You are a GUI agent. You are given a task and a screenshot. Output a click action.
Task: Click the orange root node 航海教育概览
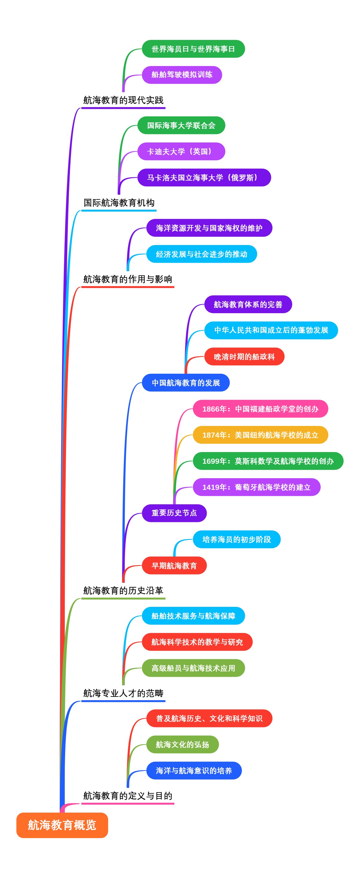point(62,825)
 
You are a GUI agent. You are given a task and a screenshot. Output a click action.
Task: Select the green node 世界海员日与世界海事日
point(193,49)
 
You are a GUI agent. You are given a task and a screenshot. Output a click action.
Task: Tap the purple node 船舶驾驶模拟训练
point(182,75)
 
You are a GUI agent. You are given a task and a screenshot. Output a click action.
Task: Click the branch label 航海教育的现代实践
point(123,100)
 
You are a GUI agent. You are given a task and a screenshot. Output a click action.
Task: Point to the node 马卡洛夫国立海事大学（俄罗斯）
point(204,178)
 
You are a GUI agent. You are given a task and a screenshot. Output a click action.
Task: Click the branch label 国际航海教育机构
point(119,203)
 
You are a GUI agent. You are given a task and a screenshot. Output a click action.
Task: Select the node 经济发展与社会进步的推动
point(202,254)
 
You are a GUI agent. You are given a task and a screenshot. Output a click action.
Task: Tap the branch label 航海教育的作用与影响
point(127,279)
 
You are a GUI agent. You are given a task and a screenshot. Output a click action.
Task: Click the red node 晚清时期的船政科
point(244,357)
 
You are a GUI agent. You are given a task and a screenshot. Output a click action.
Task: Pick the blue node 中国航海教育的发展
point(185,383)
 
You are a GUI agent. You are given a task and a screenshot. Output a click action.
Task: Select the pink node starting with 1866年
point(260,409)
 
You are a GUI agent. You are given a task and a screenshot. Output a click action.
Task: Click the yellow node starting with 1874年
point(260,435)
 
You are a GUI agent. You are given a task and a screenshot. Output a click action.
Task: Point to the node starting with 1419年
point(256,487)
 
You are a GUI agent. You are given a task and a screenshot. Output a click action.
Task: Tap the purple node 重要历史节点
point(174,513)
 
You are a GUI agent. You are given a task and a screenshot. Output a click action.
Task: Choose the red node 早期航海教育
point(174,565)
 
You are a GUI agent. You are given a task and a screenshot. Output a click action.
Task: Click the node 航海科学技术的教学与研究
point(197,642)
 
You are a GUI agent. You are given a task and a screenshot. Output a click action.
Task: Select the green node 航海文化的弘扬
point(182,745)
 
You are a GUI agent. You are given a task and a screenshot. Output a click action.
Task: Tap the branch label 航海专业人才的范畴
point(123,693)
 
